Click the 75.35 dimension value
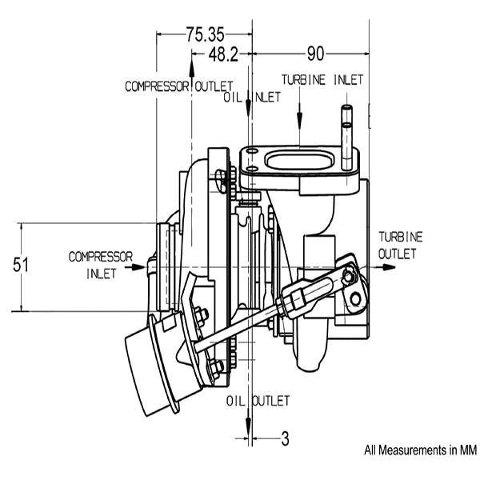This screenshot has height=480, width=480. [x=206, y=34]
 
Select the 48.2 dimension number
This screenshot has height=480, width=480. [x=223, y=55]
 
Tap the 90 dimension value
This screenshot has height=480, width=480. [x=315, y=54]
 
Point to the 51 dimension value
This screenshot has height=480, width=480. [x=21, y=265]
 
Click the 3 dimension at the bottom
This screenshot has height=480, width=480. [x=285, y=438]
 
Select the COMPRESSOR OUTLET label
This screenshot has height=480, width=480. [x=179, y=86]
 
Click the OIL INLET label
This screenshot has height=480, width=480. [x=252, y=98]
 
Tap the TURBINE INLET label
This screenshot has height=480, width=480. [x=322, y=80]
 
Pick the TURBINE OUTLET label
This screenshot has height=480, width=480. [x=401, y=246]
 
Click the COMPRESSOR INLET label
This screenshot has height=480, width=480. [x=101, y=265]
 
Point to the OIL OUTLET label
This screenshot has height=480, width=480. [x=258, y=401]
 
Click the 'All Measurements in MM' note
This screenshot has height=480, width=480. [x=420, y=450]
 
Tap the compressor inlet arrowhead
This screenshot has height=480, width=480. [x=138, y=267]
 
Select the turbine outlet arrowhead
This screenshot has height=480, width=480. [x=389, y=267]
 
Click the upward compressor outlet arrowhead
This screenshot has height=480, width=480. [x=192, y=68]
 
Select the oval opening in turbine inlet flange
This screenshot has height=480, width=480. [x=298, y=161]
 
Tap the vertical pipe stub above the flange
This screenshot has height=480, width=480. [x=347, y=137]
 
